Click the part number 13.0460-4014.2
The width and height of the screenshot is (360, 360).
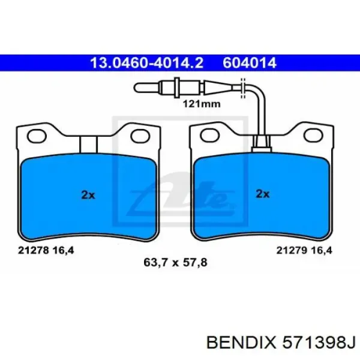point(147,63)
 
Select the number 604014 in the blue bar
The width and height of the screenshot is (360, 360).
point(250,63)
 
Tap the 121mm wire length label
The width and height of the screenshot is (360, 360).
point(202,104)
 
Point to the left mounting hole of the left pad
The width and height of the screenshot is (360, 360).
point(37,136)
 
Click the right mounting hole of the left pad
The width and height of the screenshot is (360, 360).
point(140,136)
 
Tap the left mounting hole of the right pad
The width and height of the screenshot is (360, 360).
point(210,136)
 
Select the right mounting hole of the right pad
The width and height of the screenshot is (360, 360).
point(313,136)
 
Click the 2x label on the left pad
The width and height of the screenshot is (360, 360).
point(88,195)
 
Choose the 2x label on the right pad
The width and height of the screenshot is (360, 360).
point(263,194)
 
